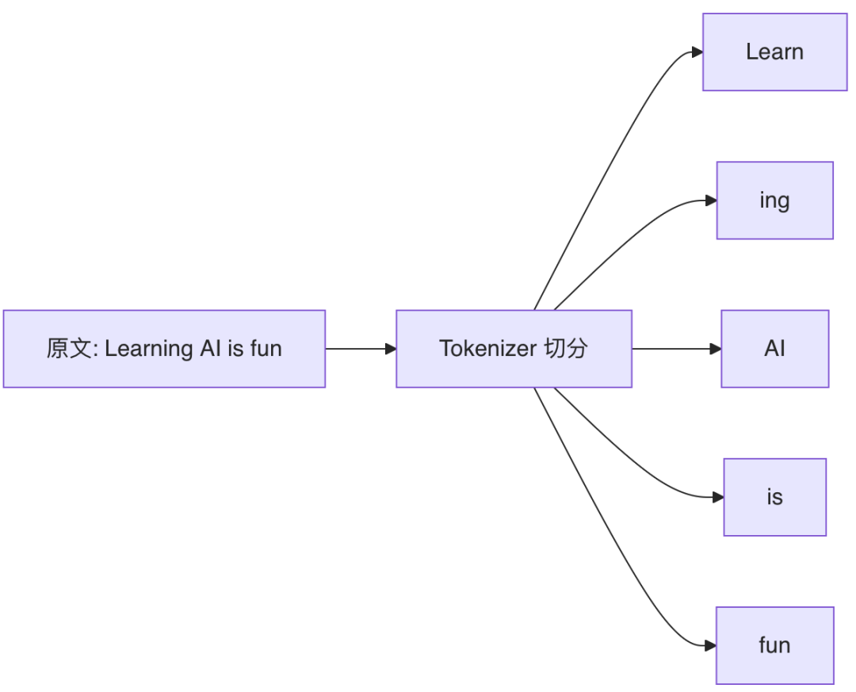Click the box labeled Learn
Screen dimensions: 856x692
774,52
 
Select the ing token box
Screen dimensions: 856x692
774,201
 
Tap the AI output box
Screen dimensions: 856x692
774,349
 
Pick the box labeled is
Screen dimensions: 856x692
774,497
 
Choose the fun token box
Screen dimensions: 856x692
774,645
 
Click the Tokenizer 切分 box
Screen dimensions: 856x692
514,349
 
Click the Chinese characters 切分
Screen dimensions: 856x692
566,349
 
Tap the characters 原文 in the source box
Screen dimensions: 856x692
69,349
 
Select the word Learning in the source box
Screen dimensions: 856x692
147,349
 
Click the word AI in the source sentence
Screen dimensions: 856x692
211,349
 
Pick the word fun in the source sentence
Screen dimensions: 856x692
266,348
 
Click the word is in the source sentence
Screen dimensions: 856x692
236,349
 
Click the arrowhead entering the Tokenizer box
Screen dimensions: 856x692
391,349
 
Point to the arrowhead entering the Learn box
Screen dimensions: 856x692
697,52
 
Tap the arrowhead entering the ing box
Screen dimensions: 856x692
711,201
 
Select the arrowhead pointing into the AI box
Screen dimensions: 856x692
715,349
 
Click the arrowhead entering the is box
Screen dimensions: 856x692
718,497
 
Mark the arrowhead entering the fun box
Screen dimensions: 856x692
710,645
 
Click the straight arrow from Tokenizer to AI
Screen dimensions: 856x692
676,349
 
